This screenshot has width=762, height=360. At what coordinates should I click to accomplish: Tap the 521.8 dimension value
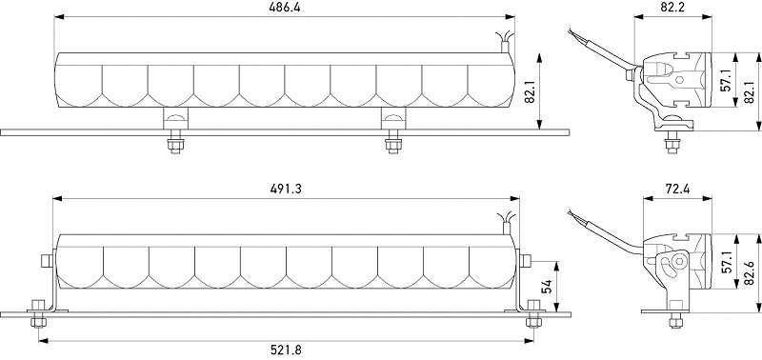(287, 350)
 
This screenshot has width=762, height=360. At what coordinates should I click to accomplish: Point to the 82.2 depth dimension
(672, 7)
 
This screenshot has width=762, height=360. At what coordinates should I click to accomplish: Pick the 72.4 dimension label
(677, 189)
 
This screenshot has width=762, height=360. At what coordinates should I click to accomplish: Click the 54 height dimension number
(546, 287)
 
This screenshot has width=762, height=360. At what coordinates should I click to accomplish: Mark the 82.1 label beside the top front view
(530, 91)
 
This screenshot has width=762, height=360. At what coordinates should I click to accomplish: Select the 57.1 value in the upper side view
(726, 80)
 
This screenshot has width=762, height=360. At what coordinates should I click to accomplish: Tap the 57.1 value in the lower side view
(728, 262)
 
